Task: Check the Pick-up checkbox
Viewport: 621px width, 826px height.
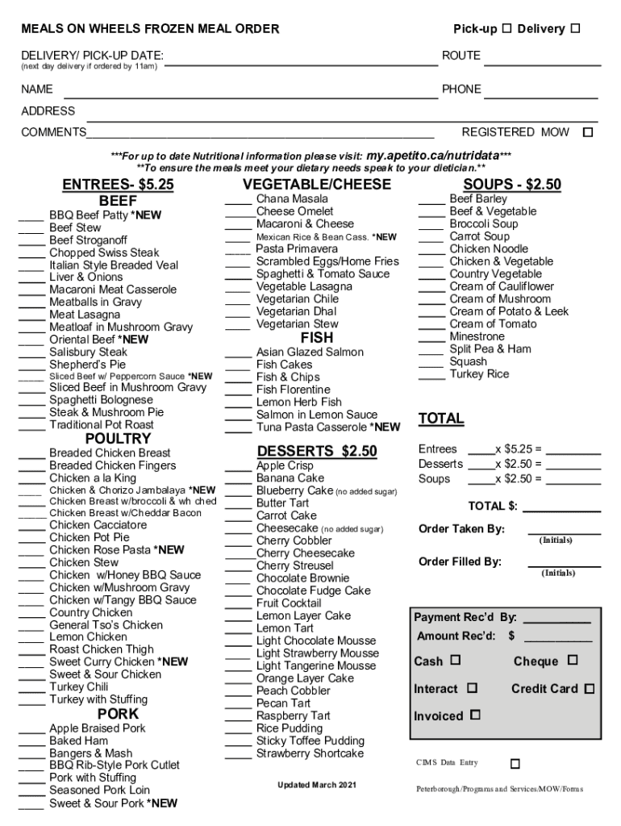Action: click(506, 29)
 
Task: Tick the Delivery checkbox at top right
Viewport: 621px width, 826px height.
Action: click(575, 29)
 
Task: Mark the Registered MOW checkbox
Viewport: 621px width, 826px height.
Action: click(588, 132)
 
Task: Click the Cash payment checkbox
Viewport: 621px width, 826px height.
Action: click(455, 661)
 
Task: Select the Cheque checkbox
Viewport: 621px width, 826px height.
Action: click(572, 661)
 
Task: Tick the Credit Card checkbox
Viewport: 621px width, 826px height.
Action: click(590, 689)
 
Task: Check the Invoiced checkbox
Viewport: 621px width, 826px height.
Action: click(475, 715)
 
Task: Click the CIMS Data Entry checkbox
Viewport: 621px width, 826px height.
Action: click(515, 763)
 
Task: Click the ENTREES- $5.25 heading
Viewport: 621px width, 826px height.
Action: click(118, 185)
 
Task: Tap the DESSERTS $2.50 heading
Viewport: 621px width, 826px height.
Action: click(317, 451)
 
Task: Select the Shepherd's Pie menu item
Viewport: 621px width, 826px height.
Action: click(88, 365)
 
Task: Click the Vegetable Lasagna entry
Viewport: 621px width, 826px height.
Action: click(304, 286)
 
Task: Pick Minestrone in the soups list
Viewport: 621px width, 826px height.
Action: click(477, 336)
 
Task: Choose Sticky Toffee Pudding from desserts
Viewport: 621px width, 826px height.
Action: click(310, 740)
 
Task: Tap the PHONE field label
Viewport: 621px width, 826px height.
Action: click(461, 90)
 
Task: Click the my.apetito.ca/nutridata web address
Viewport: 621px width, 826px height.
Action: click(432, 155)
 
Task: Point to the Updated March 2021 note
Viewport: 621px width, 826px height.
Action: click(316, 785)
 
